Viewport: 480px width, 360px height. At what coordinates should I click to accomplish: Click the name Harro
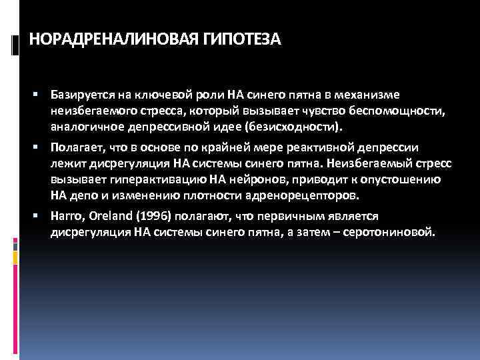click(x=66, y=217)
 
